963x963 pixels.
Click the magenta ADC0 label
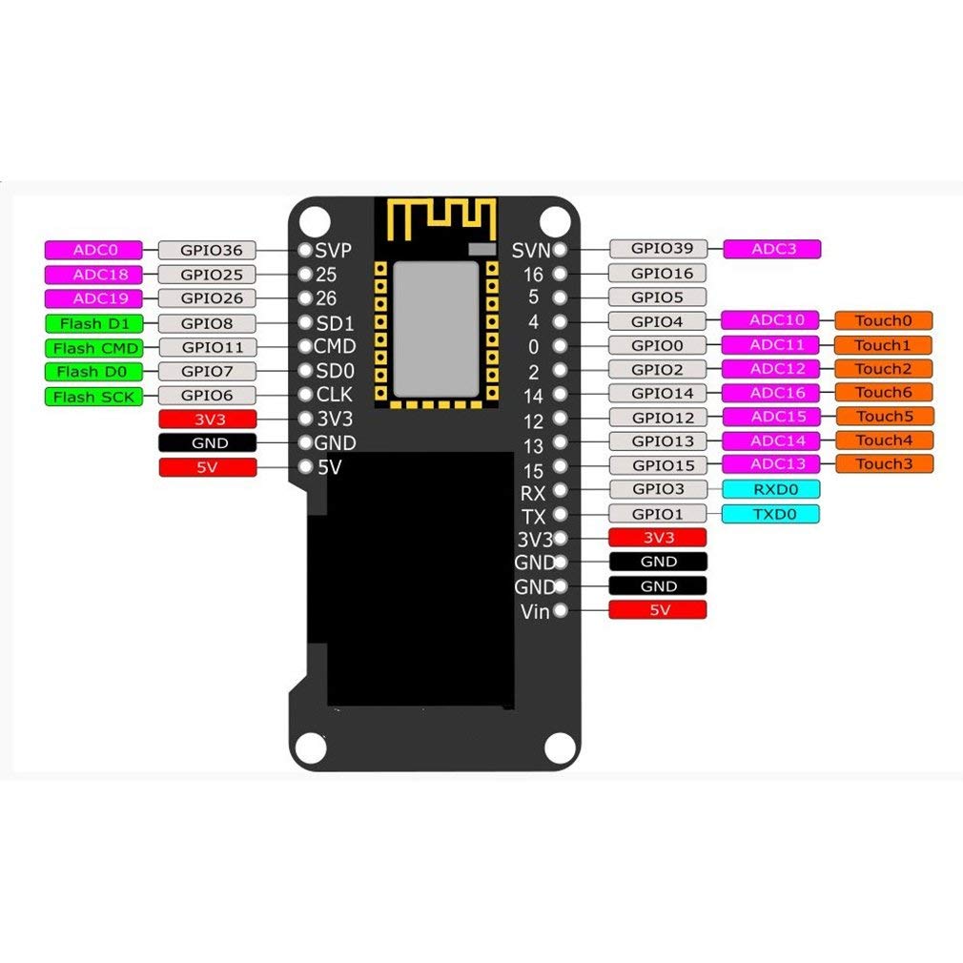93,250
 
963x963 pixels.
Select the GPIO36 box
207,251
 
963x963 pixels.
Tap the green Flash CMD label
93,348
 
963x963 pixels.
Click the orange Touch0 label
883,321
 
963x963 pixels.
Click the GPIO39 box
657,249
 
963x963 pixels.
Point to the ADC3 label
771,249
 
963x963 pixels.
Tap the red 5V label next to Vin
658,610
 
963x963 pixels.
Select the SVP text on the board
334,250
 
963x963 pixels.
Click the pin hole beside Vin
561,610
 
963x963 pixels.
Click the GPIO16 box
657,274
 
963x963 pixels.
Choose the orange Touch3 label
883,464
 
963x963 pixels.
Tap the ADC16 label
770,393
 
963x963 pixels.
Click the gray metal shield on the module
436,328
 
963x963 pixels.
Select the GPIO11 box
207,348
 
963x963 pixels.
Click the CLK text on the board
335,395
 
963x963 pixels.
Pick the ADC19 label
93,298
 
